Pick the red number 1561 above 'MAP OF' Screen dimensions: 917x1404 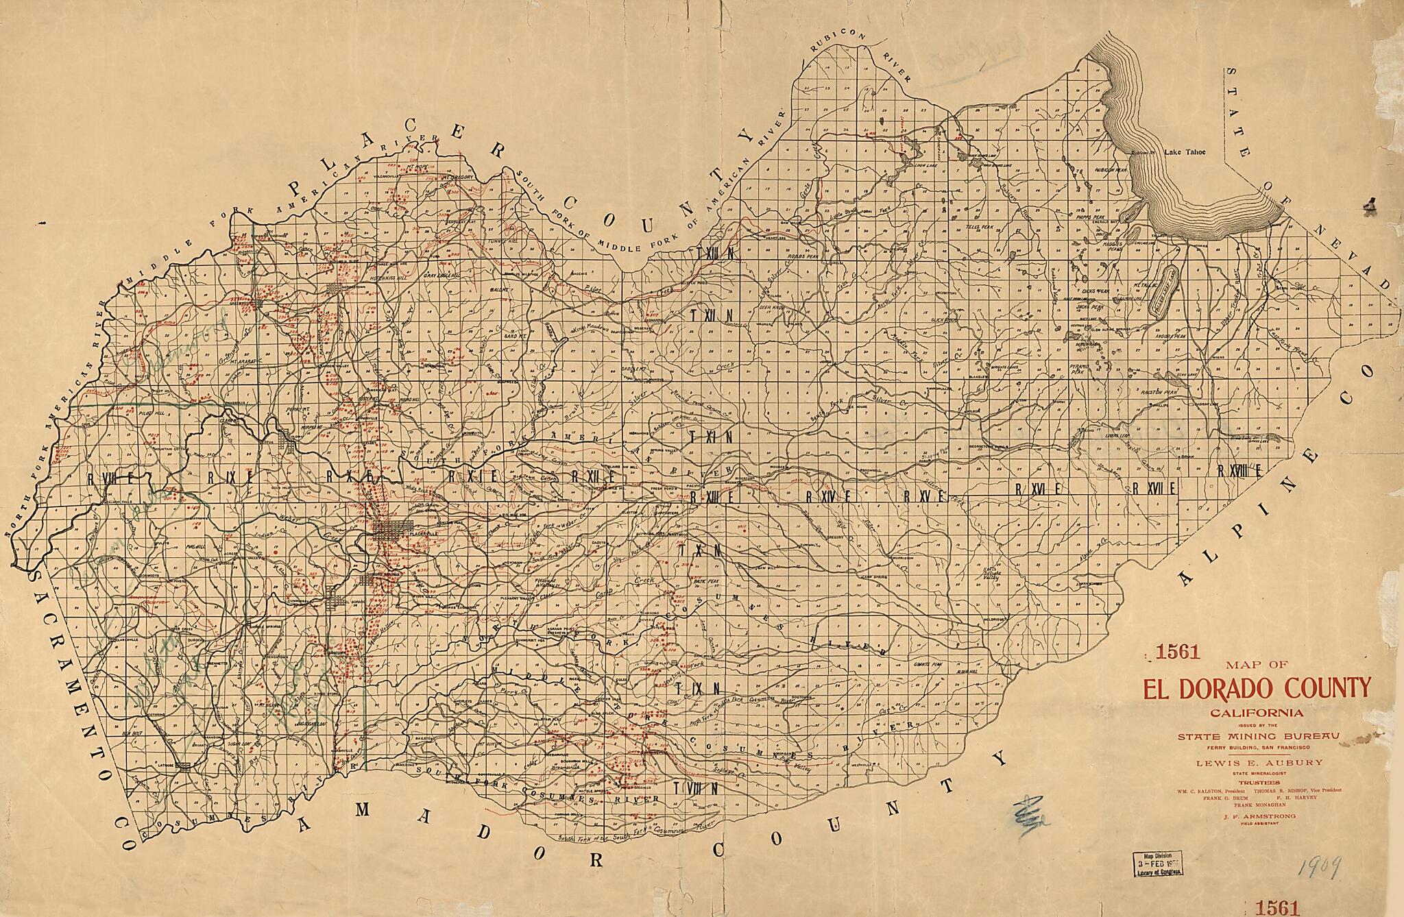coord(1178,653)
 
